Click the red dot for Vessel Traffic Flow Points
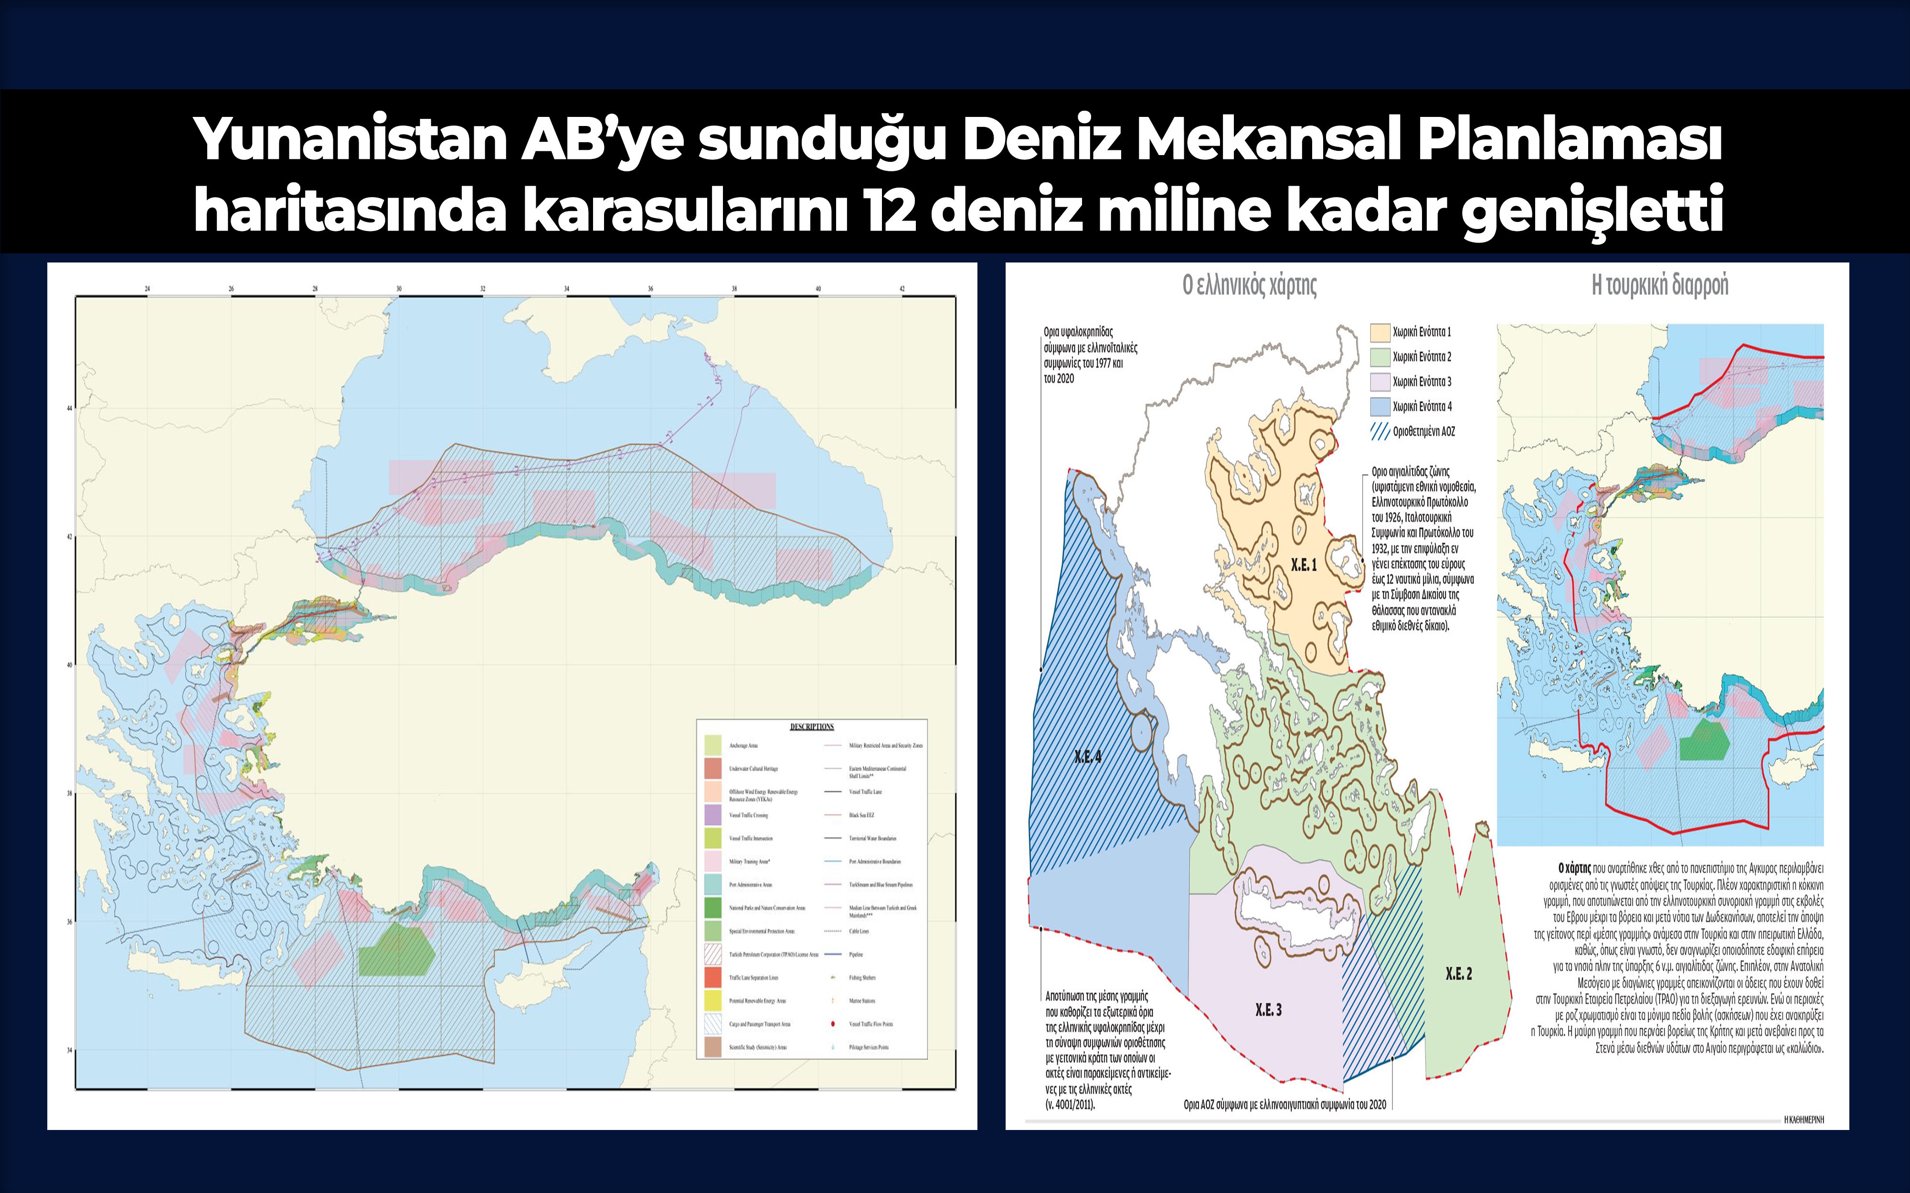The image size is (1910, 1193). tap(833, 1024)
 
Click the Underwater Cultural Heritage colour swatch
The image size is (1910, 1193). tap(713, 768)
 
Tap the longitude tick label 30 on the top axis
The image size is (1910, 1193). tap(399, 289)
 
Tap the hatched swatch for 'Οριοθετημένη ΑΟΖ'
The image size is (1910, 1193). tap(1379, 431)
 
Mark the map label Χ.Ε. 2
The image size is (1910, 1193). tap(1459, 973)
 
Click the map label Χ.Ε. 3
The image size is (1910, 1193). tap(1268, 1010)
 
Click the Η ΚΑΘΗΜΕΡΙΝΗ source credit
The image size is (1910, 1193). tap(1804, 1120)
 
